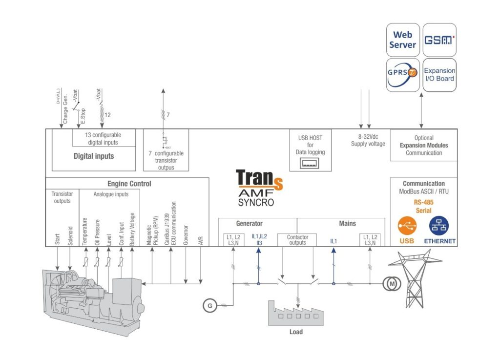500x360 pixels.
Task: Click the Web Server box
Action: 402,40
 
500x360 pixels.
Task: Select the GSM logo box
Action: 439,40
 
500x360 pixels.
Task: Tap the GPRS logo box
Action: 402,75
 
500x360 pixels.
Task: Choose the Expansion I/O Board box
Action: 439,75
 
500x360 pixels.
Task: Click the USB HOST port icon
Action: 310,163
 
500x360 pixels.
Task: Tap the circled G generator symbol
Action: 210,306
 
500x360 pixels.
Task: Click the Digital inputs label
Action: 94,156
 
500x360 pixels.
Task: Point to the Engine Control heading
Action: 129,184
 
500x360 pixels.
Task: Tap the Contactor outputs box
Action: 297,240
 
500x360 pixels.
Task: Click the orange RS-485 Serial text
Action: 423,207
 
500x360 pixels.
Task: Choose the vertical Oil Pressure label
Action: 97,233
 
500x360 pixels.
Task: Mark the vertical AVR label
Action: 200,239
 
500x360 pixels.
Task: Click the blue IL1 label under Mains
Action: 334,241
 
